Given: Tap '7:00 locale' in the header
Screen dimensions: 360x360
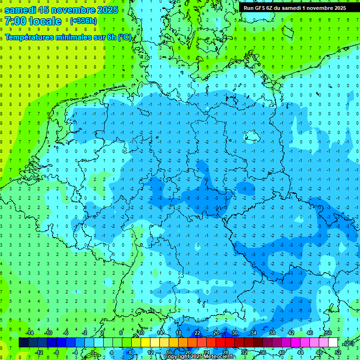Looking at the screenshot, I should click(33, 21).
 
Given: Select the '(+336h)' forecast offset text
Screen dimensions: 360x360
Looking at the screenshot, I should click(83, 21).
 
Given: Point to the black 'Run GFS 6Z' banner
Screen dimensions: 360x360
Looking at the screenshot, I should click(294, 7).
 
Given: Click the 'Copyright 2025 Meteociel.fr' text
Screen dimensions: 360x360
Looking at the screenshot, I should click(199, 357).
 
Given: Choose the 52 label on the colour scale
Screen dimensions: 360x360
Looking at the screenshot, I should click(338, 352).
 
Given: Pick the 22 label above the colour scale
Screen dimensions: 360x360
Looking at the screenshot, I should click(197, 333).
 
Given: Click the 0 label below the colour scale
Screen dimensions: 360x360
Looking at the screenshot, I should click(93, 352).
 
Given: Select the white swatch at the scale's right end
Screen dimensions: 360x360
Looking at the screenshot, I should click(333, 343).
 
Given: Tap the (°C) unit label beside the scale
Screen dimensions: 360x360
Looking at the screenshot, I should click(348, 343).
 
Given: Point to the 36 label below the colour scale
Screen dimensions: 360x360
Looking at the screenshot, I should click(262, 352).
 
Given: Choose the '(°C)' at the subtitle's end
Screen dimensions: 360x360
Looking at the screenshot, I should click(124, 37).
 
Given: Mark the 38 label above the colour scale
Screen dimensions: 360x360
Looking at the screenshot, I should click(272, 333).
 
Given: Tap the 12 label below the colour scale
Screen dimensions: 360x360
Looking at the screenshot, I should click(150, 352).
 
